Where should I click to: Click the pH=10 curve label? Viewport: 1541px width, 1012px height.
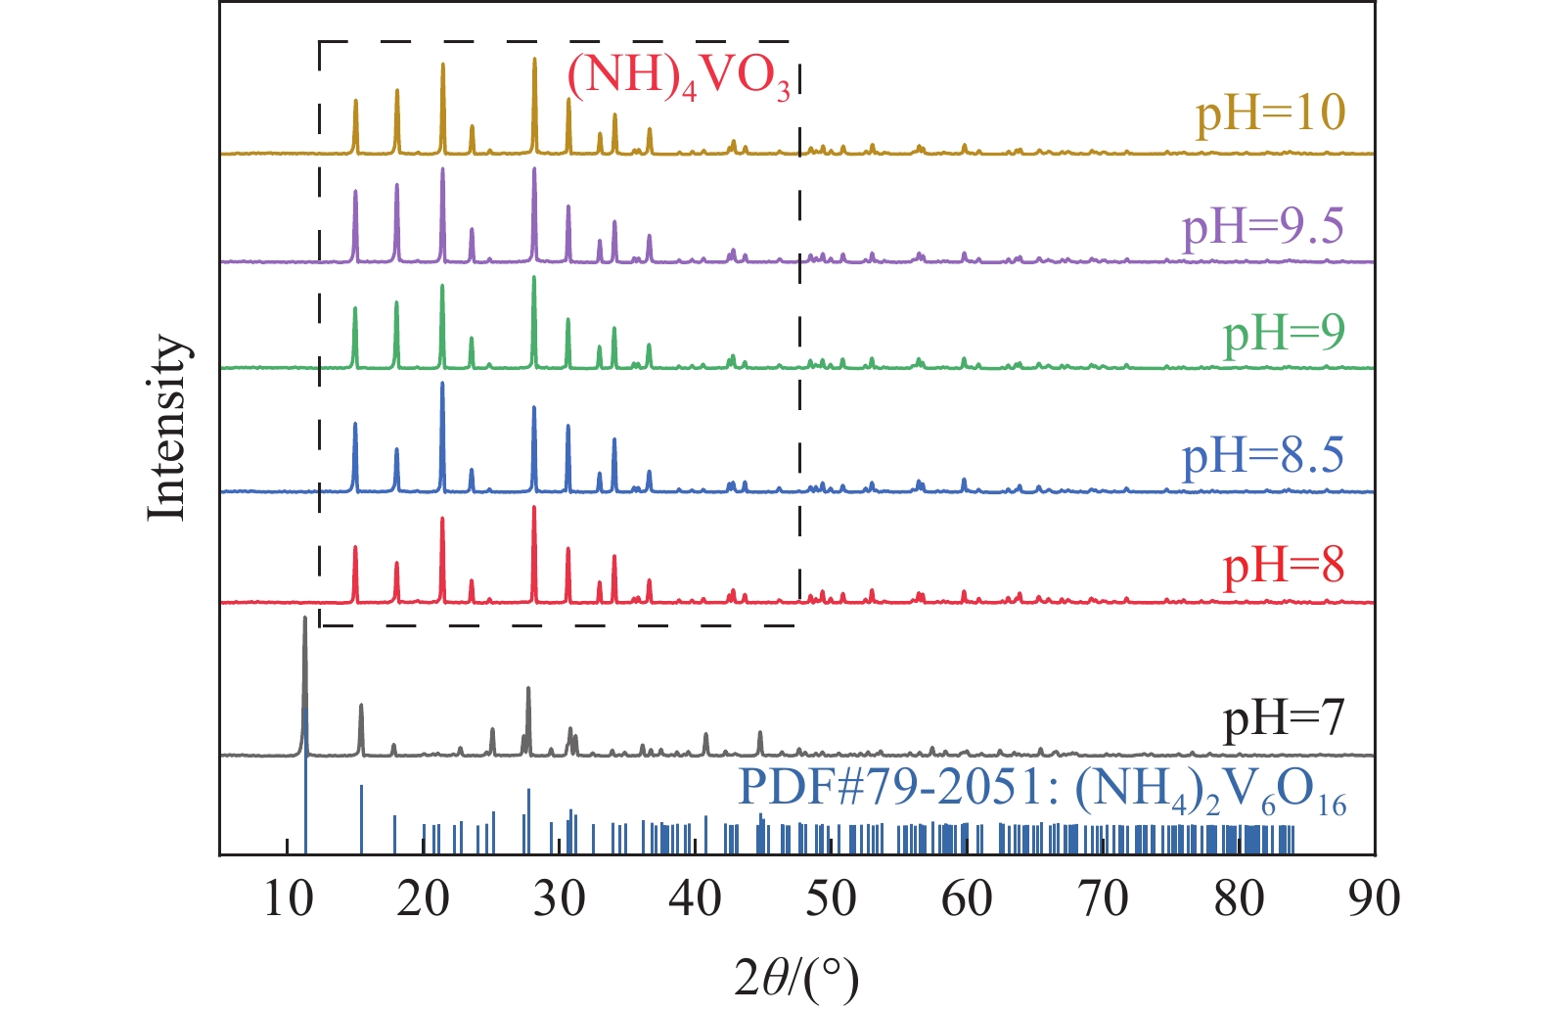pos(1270,114)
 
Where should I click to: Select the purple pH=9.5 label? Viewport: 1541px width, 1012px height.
pos(1263,227)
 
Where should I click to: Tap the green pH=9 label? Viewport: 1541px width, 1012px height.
pos(1284,334)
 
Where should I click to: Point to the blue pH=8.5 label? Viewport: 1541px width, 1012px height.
pos(1263,456)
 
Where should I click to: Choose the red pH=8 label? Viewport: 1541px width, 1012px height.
pos(1284,566)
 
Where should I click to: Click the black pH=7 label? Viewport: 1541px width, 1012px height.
pos(1284,718)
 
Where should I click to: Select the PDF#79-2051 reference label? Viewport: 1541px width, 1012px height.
pos(1042,789)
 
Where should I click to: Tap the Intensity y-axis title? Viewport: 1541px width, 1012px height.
pos(166,428)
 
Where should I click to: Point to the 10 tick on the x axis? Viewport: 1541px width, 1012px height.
pos(288,898)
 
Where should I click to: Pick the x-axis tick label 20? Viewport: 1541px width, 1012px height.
pos(424,898)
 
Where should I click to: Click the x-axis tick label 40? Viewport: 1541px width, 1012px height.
pos(696,898)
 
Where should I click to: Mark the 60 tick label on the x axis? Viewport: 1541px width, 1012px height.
pos(967,898)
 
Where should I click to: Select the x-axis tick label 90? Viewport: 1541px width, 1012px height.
pos(1374,898)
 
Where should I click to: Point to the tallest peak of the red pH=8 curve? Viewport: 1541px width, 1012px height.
pos(534,509)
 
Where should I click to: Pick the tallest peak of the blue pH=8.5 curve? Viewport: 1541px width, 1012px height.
pos(443,385)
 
